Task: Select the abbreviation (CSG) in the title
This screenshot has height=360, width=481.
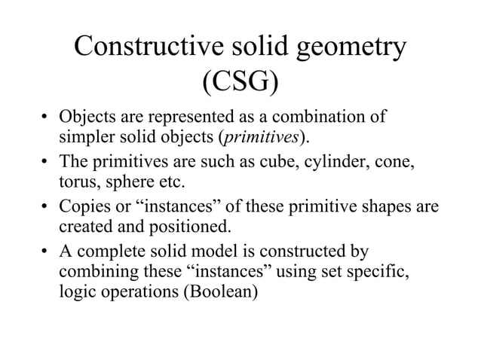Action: pyautogui.click(x=240, y=83)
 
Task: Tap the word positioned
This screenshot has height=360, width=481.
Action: pyautogui.click(x=188, y=227)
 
